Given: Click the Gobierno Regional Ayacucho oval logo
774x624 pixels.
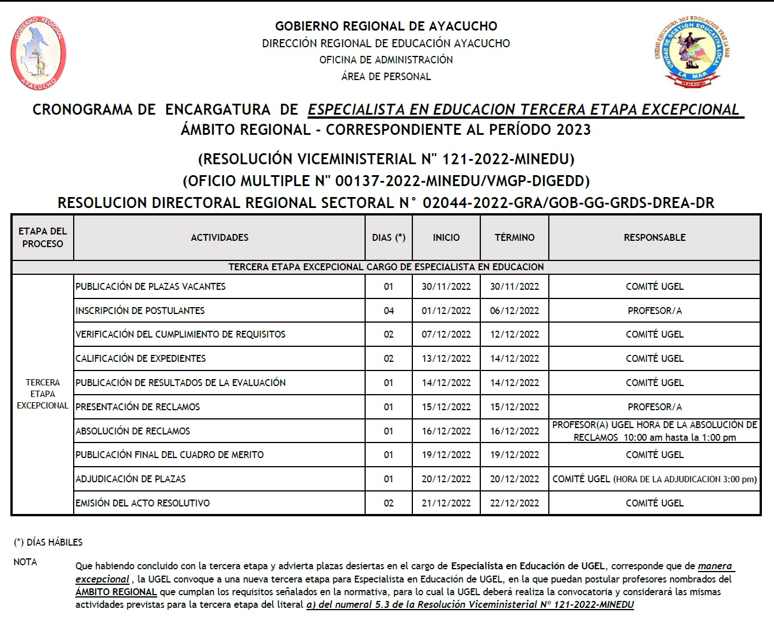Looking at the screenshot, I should coord(39,53).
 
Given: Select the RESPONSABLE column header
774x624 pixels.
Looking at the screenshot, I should coord(654,237).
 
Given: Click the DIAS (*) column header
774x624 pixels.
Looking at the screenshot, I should coord(389,237).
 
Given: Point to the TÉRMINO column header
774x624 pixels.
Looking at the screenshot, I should coord(514,237).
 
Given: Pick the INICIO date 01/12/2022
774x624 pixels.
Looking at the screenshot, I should coord(446,311).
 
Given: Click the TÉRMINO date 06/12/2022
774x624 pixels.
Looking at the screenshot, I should coord(514,311).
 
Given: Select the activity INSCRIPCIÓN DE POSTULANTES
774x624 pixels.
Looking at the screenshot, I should coord(140,311).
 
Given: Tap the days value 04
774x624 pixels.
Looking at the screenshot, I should coord(389,311).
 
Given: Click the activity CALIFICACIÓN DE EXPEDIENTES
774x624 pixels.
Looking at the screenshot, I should coord(141,358).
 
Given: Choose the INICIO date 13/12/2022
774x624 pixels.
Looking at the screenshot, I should coord(446,358).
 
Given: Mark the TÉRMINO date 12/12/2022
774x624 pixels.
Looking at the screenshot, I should coord(514,334).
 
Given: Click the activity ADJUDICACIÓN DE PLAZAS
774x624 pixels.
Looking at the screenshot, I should coord(131,479).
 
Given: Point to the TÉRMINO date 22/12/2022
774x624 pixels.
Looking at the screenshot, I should coord(514,503).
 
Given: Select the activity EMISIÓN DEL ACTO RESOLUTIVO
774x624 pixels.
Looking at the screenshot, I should coord(143,503).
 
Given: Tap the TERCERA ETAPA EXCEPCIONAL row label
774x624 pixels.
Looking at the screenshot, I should coord(43,394).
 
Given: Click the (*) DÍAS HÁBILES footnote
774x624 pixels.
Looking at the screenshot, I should coord(48,542).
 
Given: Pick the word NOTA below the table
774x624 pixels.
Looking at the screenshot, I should coord(25,562).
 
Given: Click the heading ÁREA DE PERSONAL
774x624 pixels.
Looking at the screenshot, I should coord(386,76).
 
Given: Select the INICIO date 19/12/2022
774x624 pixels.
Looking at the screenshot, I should coord(446,455).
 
